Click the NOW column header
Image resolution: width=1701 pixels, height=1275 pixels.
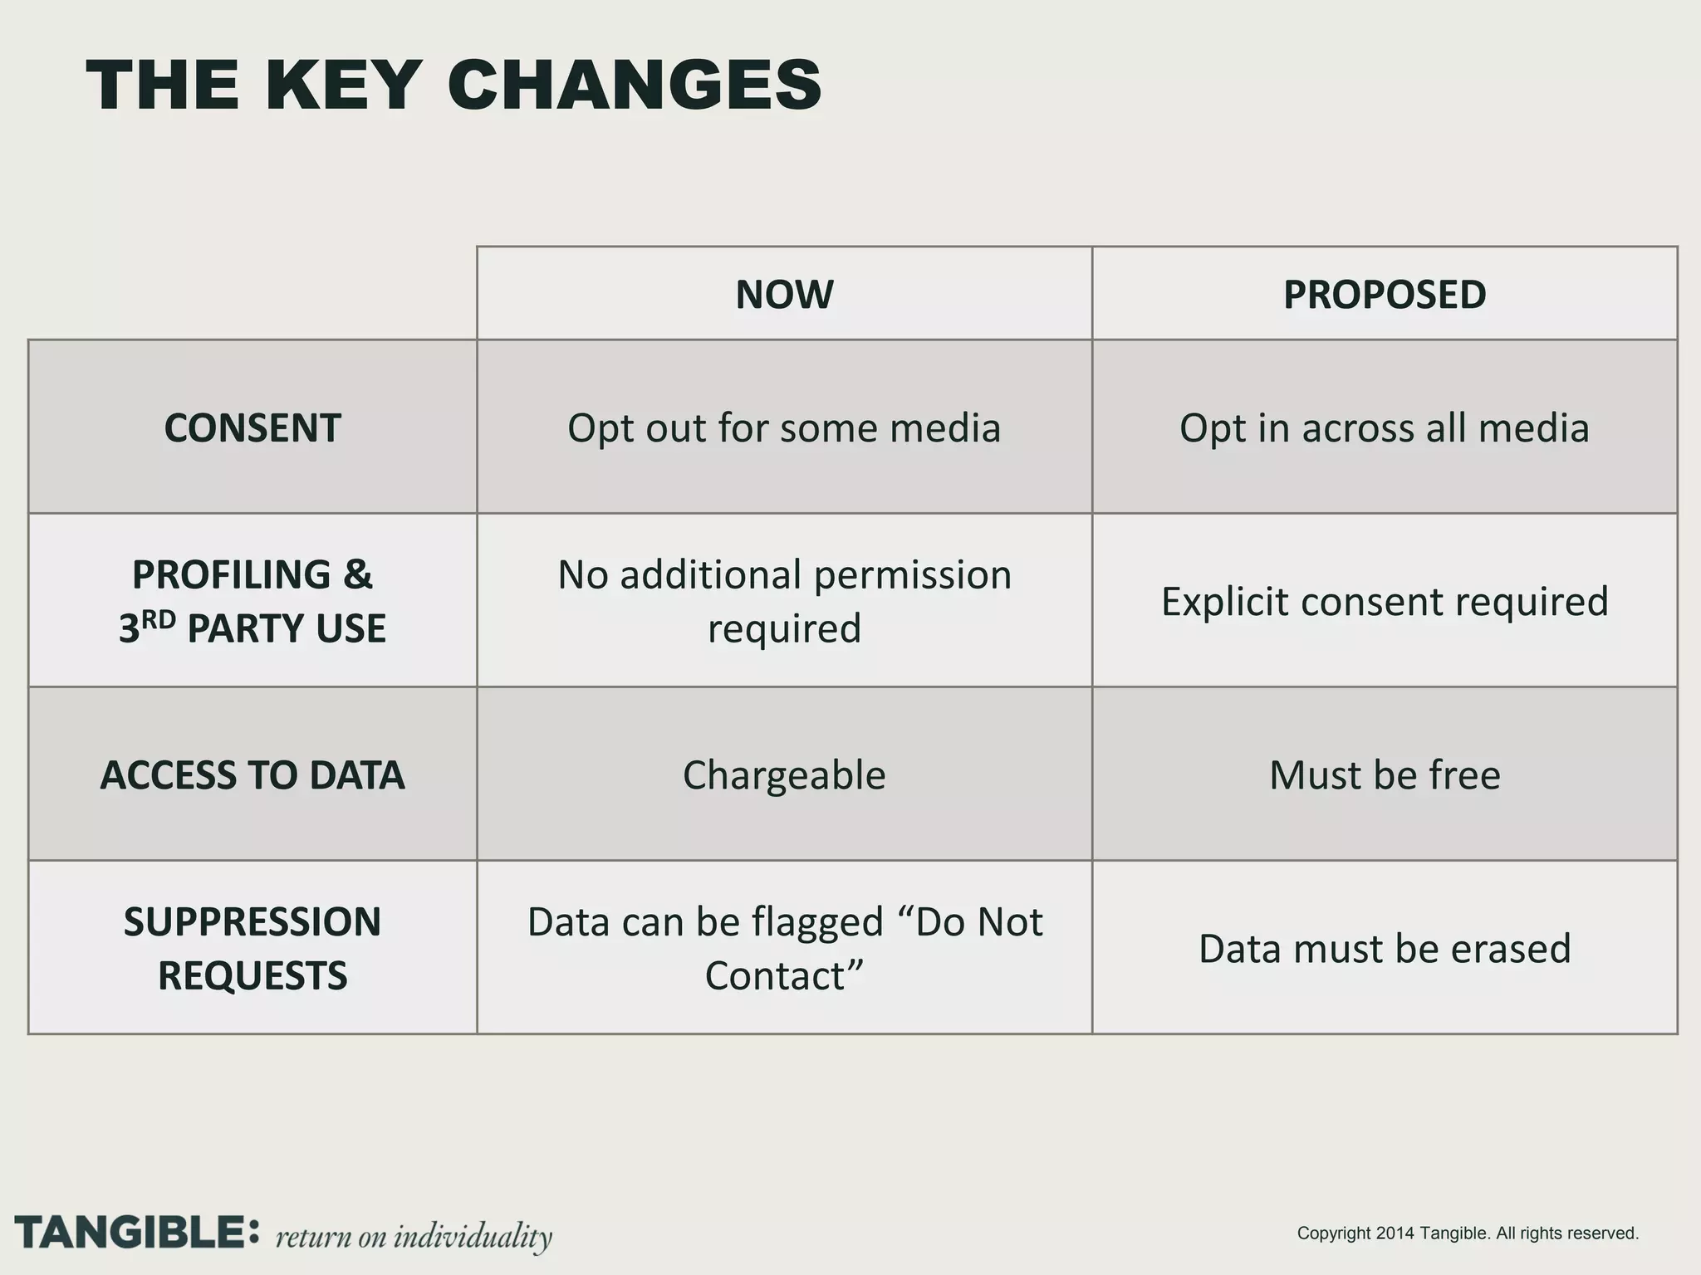tap(784, 295)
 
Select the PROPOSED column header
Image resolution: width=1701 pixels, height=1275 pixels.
tap(1385, 295)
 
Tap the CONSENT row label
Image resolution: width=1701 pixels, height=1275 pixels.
tap(252, 428)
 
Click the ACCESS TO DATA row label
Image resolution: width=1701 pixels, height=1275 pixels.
tap(252, 775)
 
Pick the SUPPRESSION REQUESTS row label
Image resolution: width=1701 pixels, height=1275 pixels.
tap(252, 948)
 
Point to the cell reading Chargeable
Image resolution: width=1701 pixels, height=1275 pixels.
tap(784, 775)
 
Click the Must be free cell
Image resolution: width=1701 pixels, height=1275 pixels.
tap(1385, 775)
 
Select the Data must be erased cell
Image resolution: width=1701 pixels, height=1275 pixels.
tap(1385, 949)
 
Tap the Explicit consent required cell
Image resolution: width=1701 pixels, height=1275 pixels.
tap(1385, 602)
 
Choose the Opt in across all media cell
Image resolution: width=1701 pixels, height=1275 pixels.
tap(1385, 428)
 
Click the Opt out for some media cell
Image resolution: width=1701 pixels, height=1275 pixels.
tap(784, 428)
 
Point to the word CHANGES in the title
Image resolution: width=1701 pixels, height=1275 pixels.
tap(635, 85)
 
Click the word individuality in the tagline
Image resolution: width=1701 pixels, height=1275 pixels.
tap(472, 1236)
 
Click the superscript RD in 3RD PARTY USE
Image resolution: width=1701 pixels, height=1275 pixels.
tap(159, 618)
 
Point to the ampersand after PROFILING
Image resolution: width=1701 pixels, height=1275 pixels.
tap(357, 574)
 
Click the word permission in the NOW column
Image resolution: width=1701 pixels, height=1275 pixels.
tap(912, 575)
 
